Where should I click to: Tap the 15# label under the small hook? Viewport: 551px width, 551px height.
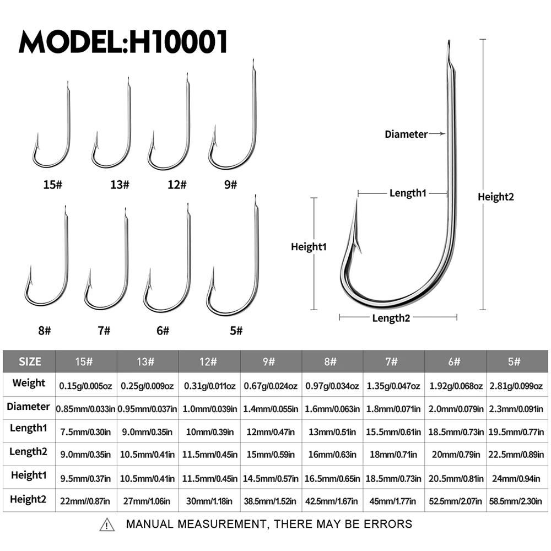click(x=53, y=185)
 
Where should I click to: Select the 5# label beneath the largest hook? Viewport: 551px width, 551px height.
click(x=236, y=331)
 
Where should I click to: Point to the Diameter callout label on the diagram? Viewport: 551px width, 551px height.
click(x=406, y=134)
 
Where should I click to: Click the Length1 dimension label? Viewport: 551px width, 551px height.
click(x=408, y=193)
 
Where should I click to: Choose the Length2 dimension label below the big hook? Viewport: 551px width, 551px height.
click(x=391, y=318)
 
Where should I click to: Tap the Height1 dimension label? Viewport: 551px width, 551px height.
click(x=309, y=247)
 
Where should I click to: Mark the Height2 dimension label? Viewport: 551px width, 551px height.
click(x=495, y=197)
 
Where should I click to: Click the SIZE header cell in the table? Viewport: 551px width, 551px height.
click(x=30, y=361)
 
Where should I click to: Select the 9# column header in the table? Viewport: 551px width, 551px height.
click(x=269, y=361)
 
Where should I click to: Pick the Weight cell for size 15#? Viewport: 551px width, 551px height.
click(x=85, y=386)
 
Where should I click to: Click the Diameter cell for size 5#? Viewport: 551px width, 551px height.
click(x=516, y=409)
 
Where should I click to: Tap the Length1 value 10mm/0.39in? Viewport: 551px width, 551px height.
click(x=210, y=432)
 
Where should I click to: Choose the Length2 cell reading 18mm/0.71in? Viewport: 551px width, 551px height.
click(x=393, y=455)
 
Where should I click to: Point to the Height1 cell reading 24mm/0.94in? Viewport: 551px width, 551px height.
click(x=516, y=479)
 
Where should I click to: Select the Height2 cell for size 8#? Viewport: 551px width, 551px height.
click(x=331, y=501)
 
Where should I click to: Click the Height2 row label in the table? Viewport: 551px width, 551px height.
click(x=28, y=499)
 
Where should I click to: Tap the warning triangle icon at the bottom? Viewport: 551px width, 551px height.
click(x=107, y=525)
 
